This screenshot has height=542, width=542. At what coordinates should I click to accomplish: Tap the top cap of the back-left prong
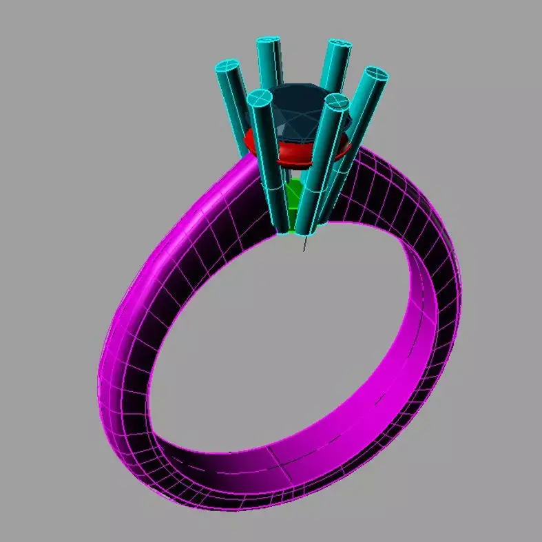click(x=269, y=43)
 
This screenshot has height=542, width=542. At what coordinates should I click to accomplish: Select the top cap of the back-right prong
click(x=339, y=46)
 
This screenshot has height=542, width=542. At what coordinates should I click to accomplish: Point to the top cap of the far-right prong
click(x=375, y=73)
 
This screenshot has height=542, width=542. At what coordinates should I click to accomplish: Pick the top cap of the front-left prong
click(x=260, y=97)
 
